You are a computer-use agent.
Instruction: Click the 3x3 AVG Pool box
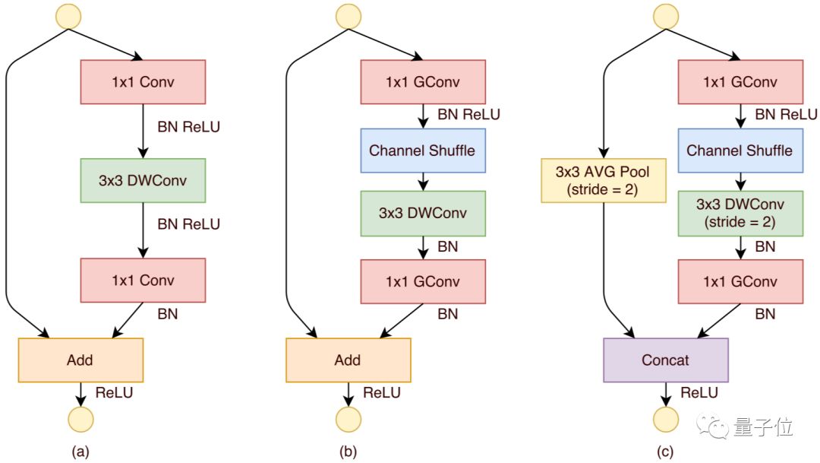click(604, 181)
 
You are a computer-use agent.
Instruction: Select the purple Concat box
click(666, 360)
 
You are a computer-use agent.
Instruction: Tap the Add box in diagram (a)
click(80, 360)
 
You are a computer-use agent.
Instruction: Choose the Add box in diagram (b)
click(348, 360)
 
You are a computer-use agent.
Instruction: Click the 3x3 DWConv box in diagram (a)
click(143, 181)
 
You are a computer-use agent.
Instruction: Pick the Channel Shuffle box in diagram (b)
click(423, 151)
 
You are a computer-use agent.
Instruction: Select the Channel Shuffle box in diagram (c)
click(740, 151)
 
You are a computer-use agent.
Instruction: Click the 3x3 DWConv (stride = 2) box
click(740, 213)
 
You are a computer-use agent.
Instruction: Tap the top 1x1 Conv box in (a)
click(143, 81)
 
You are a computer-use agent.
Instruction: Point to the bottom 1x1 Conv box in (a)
click(143, 281)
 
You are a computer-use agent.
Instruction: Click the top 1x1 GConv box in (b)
click(423, 81)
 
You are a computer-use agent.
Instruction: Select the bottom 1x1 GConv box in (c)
click(740, 282)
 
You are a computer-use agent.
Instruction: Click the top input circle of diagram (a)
click(68, 16)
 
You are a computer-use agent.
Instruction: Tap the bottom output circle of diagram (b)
click(348, 420)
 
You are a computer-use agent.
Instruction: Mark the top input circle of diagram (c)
click(666, 16)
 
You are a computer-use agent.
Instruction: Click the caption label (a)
click(80, 452)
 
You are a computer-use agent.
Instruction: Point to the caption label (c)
click(665, 452)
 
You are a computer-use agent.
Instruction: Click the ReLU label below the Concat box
click(699, 393)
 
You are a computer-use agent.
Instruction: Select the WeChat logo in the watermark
click(712, 427)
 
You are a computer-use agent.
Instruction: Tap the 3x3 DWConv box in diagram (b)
click(423, 213)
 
